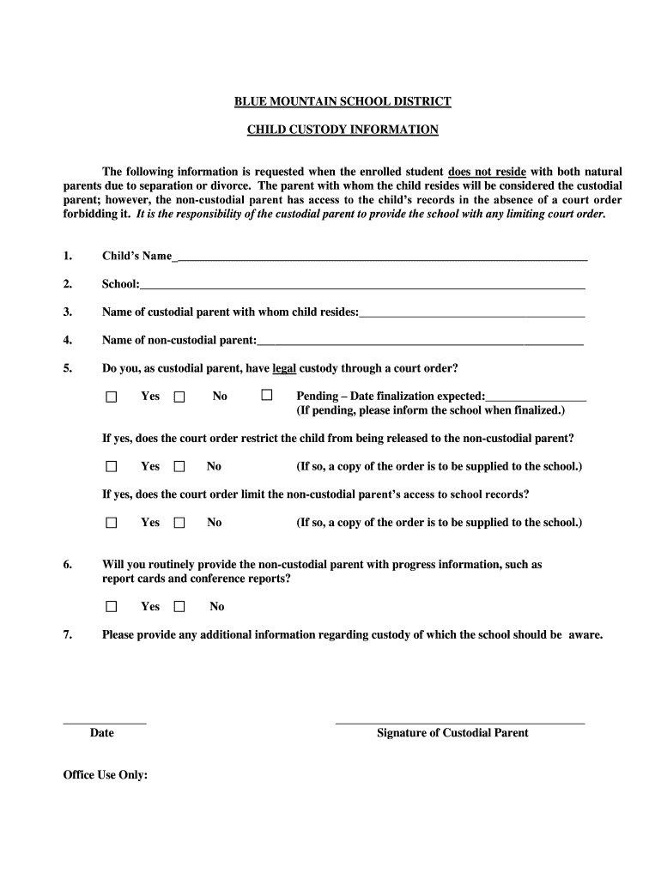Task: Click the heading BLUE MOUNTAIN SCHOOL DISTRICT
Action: pos(343,101)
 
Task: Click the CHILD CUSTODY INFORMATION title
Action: pos(343,130)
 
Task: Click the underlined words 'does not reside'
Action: pos(487,172)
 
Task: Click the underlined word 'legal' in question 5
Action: pos(284,369)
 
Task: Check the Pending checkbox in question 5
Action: pos(267,396)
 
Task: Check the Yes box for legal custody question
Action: pos(112,397)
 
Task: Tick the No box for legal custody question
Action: pos(179,397)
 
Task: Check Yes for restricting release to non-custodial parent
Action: pos(112,466)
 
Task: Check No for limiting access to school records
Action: pos(179,522)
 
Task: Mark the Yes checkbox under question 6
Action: pos(112,606)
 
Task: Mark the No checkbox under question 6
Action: pos(179,606)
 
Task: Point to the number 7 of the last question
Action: pos(68,635)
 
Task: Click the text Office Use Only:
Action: pos(106,775)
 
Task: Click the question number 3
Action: pos(68,312)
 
